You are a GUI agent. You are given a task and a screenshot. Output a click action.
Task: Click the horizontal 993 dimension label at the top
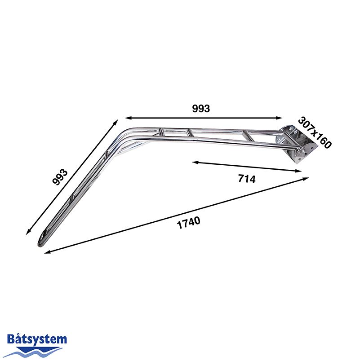coord(201,109)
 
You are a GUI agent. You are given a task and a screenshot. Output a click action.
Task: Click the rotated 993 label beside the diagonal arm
coord(60,177)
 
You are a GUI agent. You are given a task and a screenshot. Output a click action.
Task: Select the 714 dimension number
coord(247,179)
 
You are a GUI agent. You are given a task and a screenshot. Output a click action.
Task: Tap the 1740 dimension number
coord(188,223)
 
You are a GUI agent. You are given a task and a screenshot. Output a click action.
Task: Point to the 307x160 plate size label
coord(315,132)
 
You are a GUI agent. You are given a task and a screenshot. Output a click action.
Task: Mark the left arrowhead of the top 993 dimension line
coord(128,118)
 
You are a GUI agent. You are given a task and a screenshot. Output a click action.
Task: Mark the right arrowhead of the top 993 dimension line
coord(279,118)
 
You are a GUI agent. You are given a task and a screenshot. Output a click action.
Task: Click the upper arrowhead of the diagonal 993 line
coord(116,122)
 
